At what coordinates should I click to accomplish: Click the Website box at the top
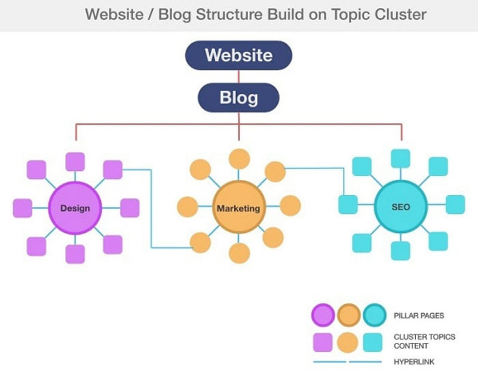[x=238, y=56]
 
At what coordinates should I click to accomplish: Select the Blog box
[x=238, y=97]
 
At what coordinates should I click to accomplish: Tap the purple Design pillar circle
[x=75, y=208]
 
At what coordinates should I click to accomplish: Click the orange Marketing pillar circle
[x=238, y=209]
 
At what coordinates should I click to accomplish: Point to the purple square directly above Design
[x=75, y=162]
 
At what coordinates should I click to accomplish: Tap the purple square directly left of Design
[x=23, y=208]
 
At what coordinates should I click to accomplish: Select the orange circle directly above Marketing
[x=240, y=159]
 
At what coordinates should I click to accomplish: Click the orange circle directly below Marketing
[x=240, y=253]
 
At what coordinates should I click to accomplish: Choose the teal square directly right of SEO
[x=455, y=204]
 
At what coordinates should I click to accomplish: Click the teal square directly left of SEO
[x=348, y=204]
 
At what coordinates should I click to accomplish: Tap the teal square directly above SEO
[x=401, y=158]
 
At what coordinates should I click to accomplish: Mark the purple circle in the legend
[x=323, y=315]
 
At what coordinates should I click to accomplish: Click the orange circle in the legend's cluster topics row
[x=348, y=342]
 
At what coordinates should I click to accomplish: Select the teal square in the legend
[x=373, y=342]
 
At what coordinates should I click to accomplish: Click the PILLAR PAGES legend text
[x=419, y=315]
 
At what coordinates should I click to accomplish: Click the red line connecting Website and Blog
[x=238, y=76]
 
